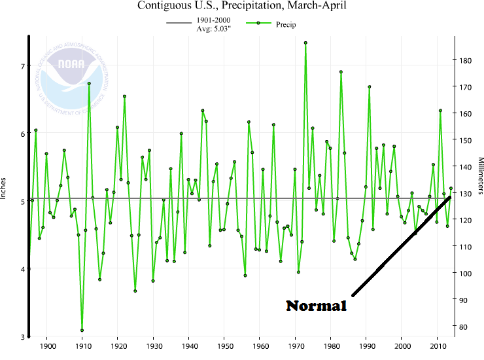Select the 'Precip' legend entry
pos(271,24)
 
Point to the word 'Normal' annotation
pos(316,306)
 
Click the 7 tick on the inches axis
pos(22,66)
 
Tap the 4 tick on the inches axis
pos(22,269)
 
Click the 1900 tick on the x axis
pos(47,345)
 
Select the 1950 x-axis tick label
pos(224,345)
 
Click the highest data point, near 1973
pos(305,43)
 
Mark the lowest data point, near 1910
pos(82,331)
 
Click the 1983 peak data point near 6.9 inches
pos(341,72)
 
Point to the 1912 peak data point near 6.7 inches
pos(89,83)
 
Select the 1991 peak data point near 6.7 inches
pos(370,86)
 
